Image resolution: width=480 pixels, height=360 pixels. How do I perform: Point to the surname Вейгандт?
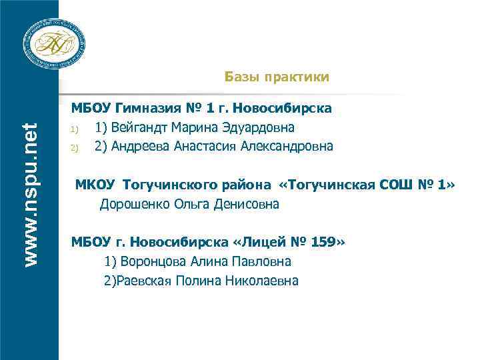[141, 127]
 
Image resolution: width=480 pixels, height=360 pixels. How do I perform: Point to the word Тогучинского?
[155, 185]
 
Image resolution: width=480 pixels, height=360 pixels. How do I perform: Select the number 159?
[325, 241]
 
